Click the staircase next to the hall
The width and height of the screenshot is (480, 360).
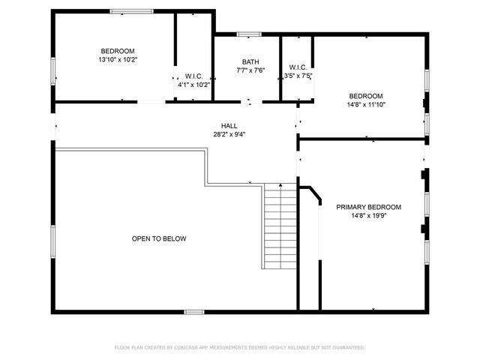coord(281,226)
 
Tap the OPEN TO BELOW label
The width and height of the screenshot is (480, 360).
coord(159,238)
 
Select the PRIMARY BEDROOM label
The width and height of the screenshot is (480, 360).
coord(368,207)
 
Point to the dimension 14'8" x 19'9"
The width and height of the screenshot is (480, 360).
coord(368,216)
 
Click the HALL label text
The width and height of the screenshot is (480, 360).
coord(229,125)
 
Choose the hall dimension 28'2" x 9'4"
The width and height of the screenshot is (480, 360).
coord(229,135)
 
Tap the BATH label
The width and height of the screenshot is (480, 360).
coord(250,62)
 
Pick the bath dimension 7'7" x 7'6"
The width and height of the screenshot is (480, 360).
coord(250,71)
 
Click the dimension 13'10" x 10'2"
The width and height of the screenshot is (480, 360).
coord(118,59)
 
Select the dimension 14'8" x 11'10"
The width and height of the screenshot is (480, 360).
coord(366,105)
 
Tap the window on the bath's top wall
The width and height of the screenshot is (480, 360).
coord(249,34)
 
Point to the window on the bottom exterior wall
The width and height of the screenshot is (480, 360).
coord(194,311)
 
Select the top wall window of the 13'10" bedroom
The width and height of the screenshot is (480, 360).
coord(132,10)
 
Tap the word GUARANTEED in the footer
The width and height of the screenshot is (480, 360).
coord(347,347)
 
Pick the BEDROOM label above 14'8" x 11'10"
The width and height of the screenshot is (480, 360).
coord(366,96)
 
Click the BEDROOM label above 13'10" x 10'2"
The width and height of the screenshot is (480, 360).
coord(118,50)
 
